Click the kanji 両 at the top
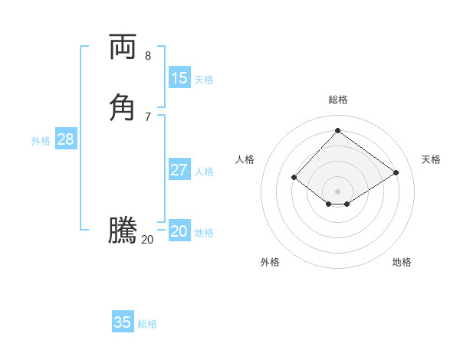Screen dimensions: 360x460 [x=122, y=47]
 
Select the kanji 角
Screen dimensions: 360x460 [x=122, y=106]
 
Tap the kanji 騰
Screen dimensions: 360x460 [x=122, y=231]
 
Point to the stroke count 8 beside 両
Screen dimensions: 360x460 [x=148, y=56]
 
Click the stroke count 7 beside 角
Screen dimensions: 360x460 [x=148, y=116]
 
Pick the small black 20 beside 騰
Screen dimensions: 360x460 [x=147, y=240]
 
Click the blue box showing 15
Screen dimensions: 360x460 [x=179, y=78]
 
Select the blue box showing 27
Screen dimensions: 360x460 [x=179, y=170]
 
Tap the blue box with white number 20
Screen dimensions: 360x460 [x=179, y=231]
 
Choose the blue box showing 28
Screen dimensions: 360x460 [x=65, y=139]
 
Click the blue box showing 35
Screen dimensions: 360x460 [x=123, y=322]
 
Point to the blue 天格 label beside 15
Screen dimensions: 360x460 [x=204, y=80]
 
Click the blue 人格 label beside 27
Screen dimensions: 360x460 [x=204, y=172]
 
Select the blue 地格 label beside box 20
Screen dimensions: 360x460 [x=204, y=233]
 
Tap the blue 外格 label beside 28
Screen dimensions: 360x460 [x=41, y=141]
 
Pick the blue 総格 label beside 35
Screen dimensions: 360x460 [x=147, y=324]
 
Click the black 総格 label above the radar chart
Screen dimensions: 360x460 [x=338, y=100]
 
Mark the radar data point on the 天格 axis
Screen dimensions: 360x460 [x=396, y=172]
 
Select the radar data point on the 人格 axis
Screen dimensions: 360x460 [x=294, y=178]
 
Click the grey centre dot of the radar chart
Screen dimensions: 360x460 [x=338, y=191]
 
